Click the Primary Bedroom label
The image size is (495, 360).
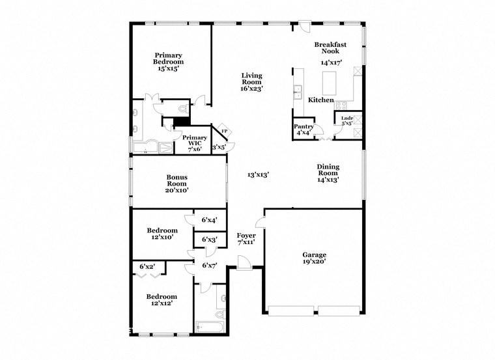pyautogui.click(x=167, y=61)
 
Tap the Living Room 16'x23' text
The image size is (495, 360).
pyautogui.click(x=251, y=82)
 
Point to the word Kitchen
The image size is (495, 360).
pyautogui.click(x=321, y=100)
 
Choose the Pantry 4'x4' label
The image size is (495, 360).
pyautogui.click(x=304, y=130)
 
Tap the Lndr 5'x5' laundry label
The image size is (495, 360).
pyautogui.click(x=343, y=120)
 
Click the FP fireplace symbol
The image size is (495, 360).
pyautogui.click(x=225, y=131)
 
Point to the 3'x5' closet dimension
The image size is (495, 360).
pyautogui.click(x=218, y=147)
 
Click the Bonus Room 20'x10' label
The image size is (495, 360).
pyautogui.click(x=177, y=184)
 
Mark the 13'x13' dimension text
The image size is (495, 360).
pyautogui.click(x=259, y=174)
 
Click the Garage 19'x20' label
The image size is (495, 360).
pyautogui.click(x=314, y=258)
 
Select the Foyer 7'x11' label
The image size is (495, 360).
pyautogui.click(x=246, y=238)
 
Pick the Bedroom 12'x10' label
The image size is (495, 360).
pyautogui.click(x=162, y=234)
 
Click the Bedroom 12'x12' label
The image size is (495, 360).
pyautogui.click(x=162, y=300)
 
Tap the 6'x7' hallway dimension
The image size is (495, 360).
pyautogui.click(x=209, y=266)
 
